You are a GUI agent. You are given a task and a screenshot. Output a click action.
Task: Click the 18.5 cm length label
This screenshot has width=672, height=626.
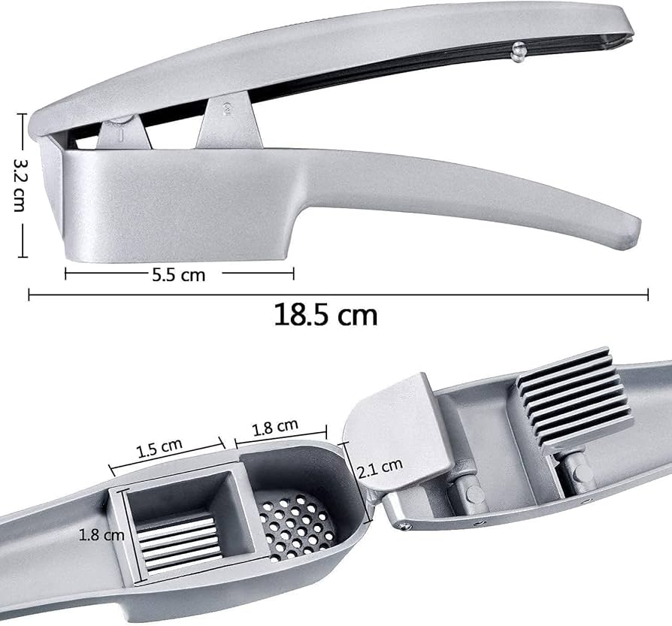click(325, 314)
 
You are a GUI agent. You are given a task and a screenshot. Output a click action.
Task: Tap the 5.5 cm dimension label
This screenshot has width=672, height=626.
click(178, 275)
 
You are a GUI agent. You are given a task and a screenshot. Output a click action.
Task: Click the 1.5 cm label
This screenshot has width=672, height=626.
click(159, 449)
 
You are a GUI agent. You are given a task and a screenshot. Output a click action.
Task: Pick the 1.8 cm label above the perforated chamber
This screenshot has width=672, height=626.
click(276, 428)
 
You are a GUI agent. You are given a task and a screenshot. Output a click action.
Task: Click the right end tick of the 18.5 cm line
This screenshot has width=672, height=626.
click(648, 296)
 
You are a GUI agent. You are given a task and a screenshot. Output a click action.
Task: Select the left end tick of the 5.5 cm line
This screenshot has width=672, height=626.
click(66, 274)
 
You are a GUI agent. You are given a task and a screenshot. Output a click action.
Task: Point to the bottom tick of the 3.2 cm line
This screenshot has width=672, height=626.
click(23, 255)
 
